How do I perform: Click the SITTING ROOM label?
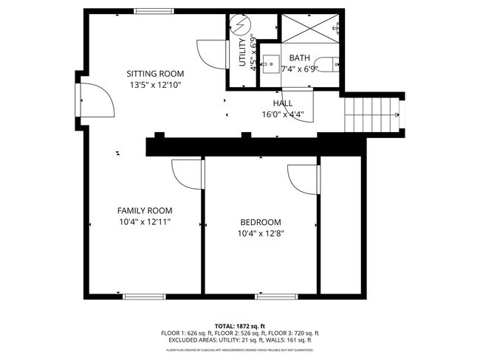[154, 74]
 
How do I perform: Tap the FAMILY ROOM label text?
[145, 210]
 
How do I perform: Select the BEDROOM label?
[261, 222]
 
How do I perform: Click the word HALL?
[283, 103]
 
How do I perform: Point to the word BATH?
[300, 58]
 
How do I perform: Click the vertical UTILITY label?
[242, 53]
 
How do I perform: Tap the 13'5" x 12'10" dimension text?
[154, 85]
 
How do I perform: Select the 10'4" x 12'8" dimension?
[261, 233]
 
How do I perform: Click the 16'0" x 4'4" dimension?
[283, 114]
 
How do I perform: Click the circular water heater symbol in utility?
[239, 26]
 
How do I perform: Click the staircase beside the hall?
[373, 115]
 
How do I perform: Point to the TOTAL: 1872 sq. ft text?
[240, 325]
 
